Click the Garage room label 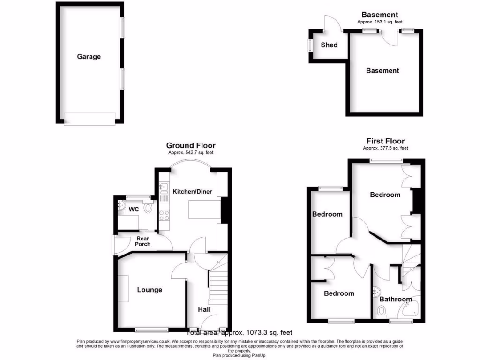(89, 57)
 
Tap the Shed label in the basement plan (329, 45)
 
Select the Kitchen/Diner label (192, 192)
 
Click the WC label (134, 210)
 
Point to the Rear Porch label (142, 241)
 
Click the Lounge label (150, 290)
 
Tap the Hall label (204, 309)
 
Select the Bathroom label (396, 299)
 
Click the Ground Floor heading (191, 146)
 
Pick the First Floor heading (385, 141)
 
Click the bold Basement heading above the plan (380, 15)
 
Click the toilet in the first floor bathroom (382, 311)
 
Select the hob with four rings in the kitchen (165, 216)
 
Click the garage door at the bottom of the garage (90, 119)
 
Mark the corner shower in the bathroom (411, 309)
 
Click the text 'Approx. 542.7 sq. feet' (191, 153)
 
